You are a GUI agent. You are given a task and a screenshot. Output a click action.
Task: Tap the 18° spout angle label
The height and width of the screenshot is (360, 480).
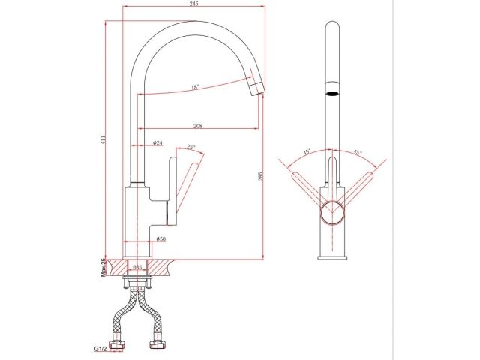[195, 88]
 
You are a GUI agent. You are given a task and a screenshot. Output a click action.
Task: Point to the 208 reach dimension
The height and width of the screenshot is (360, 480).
[196, 124]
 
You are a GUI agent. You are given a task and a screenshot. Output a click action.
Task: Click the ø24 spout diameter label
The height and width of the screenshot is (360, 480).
[158, 142]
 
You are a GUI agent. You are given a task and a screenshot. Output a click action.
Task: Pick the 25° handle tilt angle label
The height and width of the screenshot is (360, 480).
[191, 147]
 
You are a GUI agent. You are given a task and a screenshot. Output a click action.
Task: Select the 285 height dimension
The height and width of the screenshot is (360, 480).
[260, 177]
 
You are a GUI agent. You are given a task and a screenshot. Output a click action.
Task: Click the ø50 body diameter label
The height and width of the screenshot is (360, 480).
[161, 238]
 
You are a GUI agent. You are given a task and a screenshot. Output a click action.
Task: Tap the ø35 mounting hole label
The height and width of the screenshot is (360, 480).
[137, 266]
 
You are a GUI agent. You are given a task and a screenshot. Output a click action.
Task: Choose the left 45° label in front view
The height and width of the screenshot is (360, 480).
[307, 151]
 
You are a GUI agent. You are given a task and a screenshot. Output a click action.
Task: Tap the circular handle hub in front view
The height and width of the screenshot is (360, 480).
[332, 213]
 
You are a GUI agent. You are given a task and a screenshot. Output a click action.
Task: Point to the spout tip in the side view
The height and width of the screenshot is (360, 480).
[256, 88]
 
